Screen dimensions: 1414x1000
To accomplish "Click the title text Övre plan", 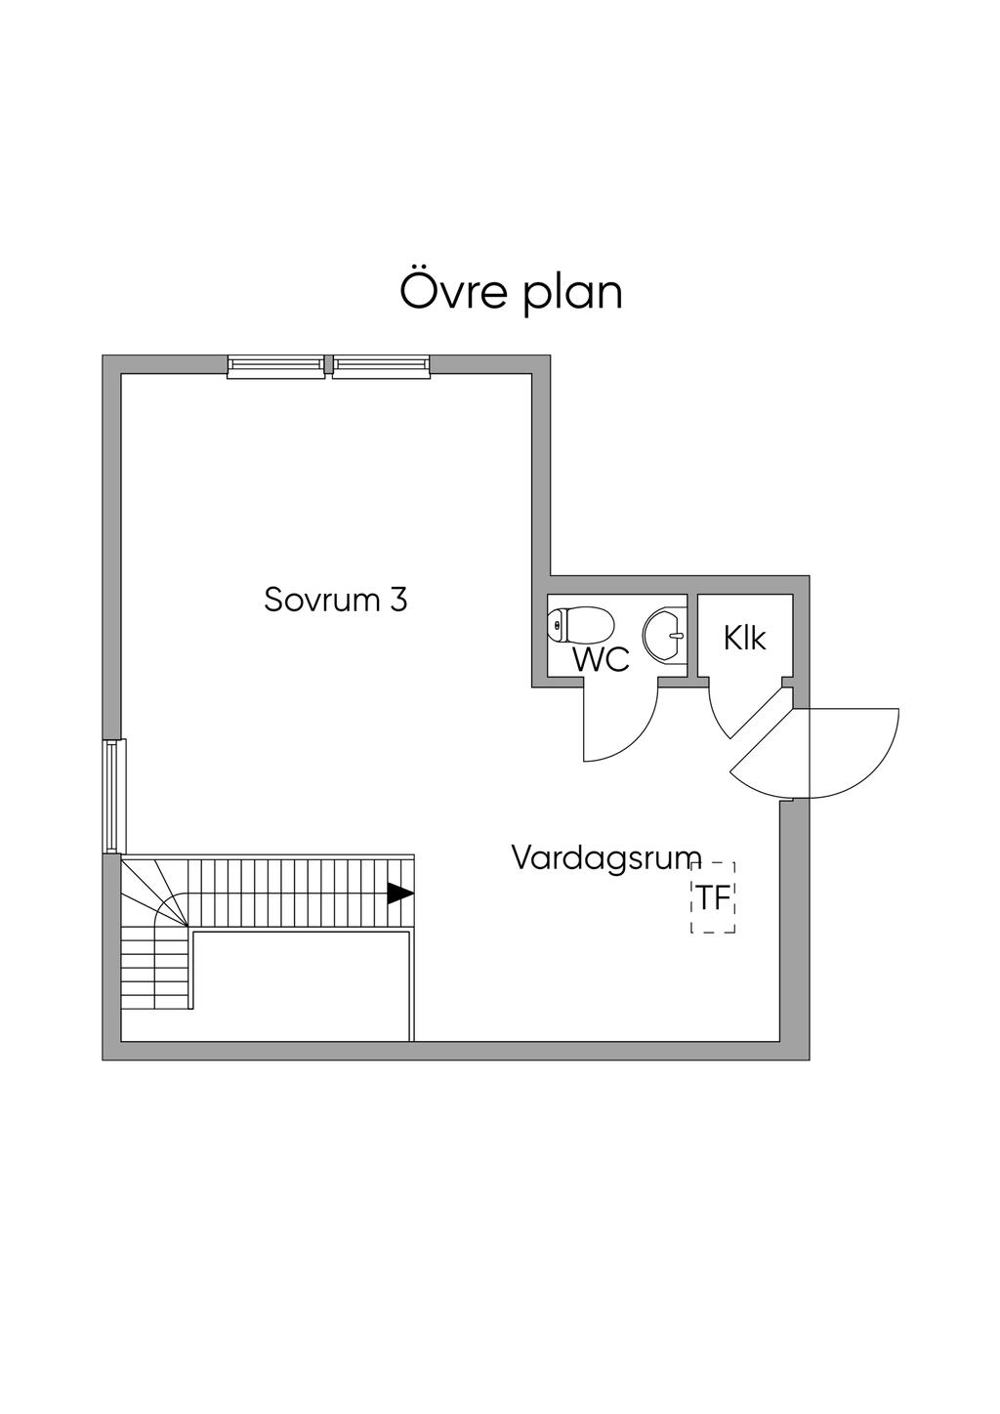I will pyautogui.click(x=511, y=292).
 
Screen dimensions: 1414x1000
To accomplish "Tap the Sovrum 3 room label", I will pyautogui.click(x=335, y=599).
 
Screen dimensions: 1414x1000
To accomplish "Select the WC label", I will pyautogui.click(x=601, y=659).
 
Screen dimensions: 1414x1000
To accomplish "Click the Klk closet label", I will pyautogui.click(x=745, y=638).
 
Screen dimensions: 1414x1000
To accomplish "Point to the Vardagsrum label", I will pyautogui.click(x=606, y=858).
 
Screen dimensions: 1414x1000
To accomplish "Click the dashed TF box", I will pyautogui.click(x=713, y=897).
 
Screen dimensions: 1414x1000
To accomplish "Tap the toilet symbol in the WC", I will pyautogui.click(x=581, y=624).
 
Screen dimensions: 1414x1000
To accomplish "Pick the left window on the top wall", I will pyautogui.click(x=276, y=366).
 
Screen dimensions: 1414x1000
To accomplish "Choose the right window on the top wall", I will pyautogui.click(x=381, y=366).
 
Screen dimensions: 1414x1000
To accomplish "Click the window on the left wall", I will pyautogui.click(x=112, y=796).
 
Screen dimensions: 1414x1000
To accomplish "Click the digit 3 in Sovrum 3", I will pyautogui.click(x=397, y=599).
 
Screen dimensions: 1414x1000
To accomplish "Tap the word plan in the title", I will pyautogui.click(x=573, y=294).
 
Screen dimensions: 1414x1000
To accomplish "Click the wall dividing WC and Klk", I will pyautogui.click(x=691, y=635).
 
